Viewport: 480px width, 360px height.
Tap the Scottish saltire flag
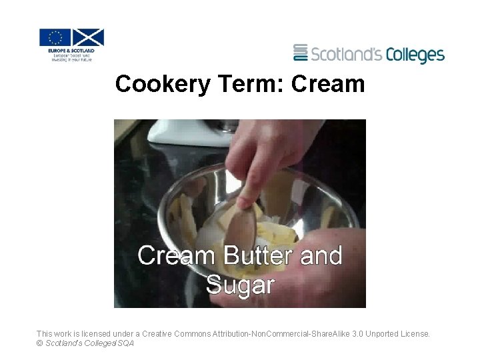pos(88,37)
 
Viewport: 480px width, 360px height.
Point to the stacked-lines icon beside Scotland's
pos(301,53)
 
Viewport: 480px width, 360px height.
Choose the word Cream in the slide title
pos(328,85)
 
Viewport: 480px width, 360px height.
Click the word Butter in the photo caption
pos(259,255)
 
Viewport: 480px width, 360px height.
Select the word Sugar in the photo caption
pos(240,285)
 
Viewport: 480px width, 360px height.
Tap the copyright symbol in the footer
pos(40,343)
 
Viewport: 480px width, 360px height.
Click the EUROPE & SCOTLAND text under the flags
pos(71,51)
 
